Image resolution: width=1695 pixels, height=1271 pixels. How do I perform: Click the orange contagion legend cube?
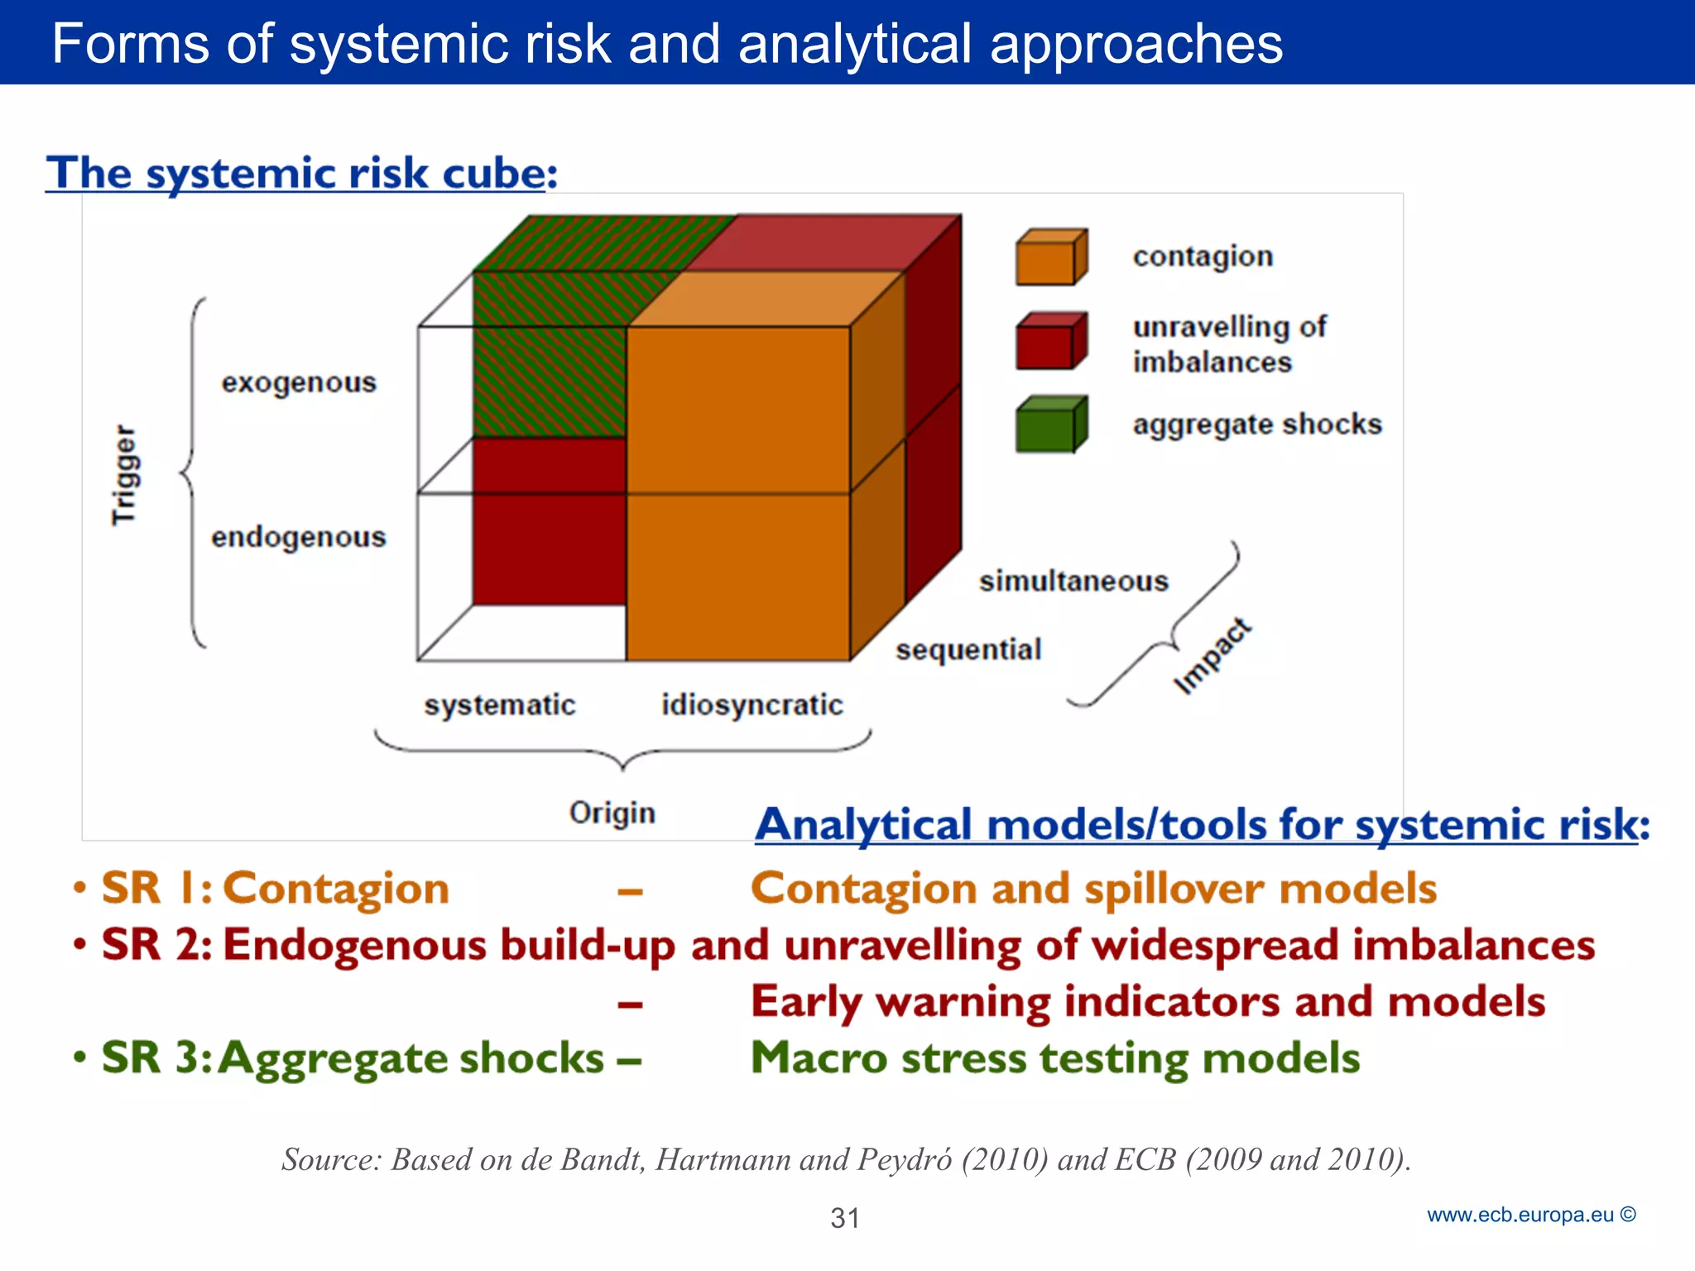point(1049,258)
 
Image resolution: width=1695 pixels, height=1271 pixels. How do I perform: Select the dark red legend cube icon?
point(1049,341)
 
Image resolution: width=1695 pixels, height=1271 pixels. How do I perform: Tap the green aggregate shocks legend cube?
point(1049,425)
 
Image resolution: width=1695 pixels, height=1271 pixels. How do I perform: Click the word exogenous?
point(299,383)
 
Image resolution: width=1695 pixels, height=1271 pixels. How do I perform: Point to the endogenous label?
point(298,538)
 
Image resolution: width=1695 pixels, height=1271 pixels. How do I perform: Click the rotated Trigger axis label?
point(124,475)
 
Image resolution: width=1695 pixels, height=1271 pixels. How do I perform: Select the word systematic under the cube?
point(499,705)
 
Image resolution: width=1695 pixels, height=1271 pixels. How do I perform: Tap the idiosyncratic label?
point(751,705)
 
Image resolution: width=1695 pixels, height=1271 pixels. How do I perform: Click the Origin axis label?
point(612,813)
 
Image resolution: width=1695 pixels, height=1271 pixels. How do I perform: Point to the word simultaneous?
point(1073,582)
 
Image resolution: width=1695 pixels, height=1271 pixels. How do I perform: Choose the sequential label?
point(968,650)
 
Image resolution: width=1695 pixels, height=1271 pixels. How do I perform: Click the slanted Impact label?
point(1212,655)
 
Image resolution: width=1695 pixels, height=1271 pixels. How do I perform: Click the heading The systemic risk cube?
point(301,174)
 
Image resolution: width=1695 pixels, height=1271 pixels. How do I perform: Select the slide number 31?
point(845,1218)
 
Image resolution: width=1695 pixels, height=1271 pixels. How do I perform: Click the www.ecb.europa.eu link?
point(1520,1215)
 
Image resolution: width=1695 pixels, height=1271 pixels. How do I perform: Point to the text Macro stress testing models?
point(1054,1058)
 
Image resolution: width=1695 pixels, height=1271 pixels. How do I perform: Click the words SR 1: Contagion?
point(275,889)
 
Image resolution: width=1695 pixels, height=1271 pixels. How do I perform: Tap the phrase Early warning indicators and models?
point(1147,1002)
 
